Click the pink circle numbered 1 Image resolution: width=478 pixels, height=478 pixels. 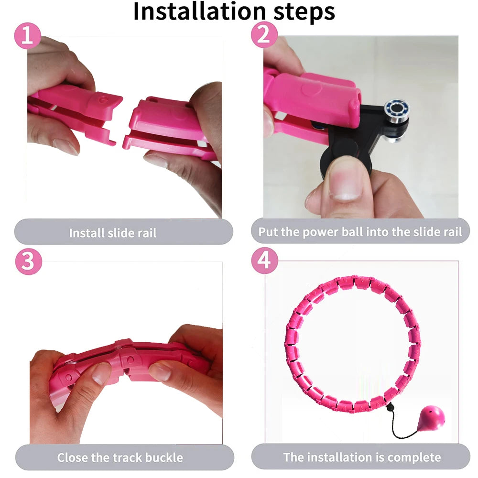pos(28,35)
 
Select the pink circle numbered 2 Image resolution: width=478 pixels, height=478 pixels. pos(264,35)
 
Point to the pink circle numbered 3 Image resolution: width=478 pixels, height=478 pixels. pos(28,262)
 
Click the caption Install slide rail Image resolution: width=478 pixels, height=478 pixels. pos(113,233)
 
